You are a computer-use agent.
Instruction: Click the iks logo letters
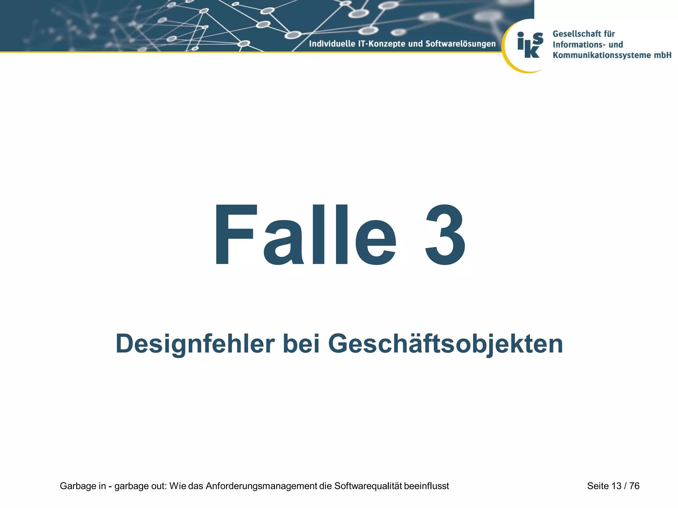tap(530, 45)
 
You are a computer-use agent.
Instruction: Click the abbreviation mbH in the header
tap(662, 55)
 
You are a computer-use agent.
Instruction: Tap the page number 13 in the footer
tap(616, 486)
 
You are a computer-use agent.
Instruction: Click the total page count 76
tap(634, 486)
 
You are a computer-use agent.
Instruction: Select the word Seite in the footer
tap(598, 486)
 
